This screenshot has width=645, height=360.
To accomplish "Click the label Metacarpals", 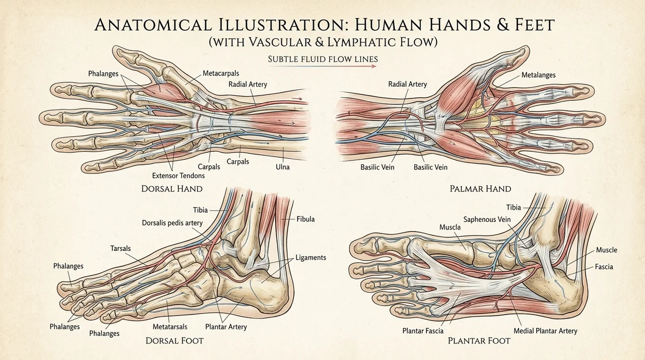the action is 221,74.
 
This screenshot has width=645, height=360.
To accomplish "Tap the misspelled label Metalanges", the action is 539,75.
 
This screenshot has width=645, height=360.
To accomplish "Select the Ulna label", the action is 283,167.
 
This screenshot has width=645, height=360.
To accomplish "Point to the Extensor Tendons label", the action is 178,175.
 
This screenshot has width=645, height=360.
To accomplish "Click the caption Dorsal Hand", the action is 172,189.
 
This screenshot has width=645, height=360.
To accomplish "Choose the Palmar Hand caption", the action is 480,189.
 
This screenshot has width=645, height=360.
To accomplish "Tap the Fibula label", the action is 305,219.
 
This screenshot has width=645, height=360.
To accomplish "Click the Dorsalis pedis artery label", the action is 172,223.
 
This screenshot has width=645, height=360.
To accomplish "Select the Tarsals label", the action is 120,248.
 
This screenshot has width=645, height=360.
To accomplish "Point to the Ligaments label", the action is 311,258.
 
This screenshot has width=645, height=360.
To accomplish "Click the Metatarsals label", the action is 170,327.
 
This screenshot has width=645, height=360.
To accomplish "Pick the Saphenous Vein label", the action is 487,219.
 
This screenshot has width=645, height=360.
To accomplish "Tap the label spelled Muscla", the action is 450,227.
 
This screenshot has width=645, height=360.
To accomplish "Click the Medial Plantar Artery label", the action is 545,331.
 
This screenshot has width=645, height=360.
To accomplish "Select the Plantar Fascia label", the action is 423,331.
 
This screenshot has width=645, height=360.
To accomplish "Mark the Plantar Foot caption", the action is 479,341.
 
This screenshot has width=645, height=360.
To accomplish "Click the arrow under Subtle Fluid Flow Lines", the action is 322,67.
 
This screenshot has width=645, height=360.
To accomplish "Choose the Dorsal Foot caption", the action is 174,341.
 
